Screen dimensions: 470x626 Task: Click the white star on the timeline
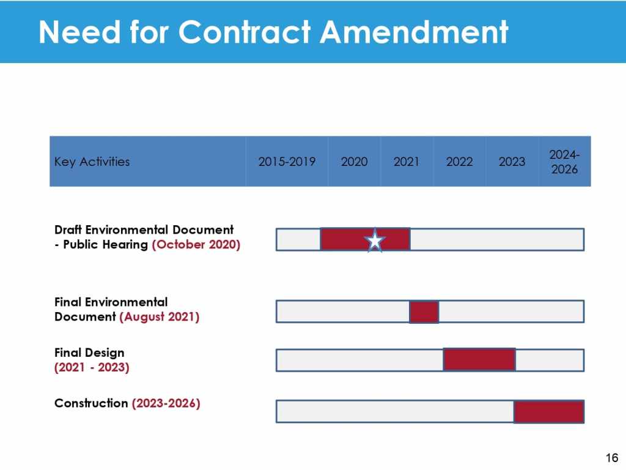[x=375, y=241]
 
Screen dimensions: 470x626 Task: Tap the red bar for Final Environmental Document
[x=424, y=311]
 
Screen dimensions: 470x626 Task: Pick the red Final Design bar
[x=479, y=359]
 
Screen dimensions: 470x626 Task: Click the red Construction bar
[x=548, y=411]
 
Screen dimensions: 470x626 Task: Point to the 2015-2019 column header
[x=287, y=162]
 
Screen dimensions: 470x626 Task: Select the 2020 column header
[x=354, y=162]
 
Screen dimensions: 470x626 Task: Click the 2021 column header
[x=407, y=162]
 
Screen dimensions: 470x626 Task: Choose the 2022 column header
[x=459, y=162]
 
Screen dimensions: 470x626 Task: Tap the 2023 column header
[x=512, y=162]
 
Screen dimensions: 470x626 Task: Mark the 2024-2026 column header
[x=564, y=162]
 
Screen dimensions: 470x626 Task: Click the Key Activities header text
[x=92, y=162]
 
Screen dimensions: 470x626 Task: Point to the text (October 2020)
[x=196, y=245]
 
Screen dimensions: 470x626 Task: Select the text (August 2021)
[x=159, y=317]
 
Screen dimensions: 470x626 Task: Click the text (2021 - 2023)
[x=92, y=368]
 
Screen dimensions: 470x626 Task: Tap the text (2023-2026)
[x=166, y=403]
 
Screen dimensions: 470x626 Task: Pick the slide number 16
[x=611, y=458]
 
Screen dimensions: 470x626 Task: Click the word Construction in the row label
[x=91, y=403]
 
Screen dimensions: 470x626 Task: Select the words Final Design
[x=89, y=353]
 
